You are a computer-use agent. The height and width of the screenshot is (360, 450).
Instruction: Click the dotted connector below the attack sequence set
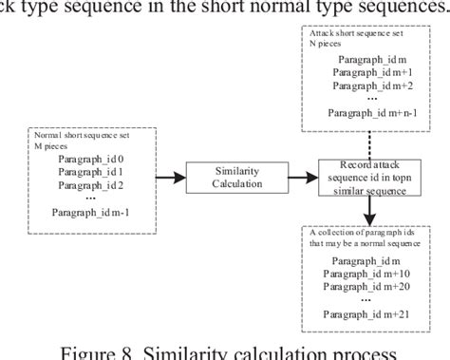pos(366,139)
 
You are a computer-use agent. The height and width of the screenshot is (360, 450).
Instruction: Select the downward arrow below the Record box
pos(366,208)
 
